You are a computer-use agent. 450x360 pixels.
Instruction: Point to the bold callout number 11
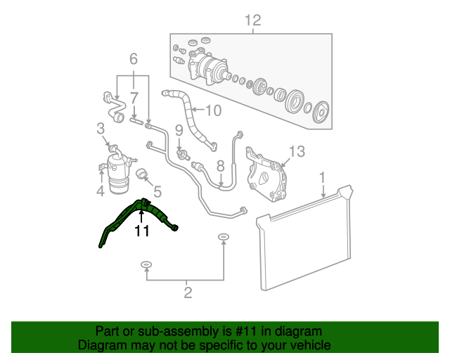142,231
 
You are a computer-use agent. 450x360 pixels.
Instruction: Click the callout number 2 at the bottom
188,292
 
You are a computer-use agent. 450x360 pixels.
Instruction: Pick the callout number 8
220,166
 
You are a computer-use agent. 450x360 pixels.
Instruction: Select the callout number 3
101,128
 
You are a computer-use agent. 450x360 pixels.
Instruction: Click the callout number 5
157,191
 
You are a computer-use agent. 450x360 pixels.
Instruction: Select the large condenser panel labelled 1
306,239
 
